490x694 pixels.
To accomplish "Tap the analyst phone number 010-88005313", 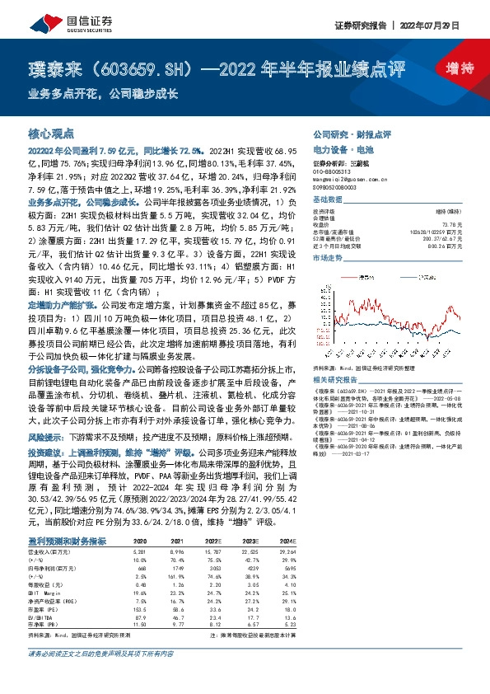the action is [333, 169].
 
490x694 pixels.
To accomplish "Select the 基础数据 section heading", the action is [329, 200].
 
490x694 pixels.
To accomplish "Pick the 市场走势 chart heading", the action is [329, 257].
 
